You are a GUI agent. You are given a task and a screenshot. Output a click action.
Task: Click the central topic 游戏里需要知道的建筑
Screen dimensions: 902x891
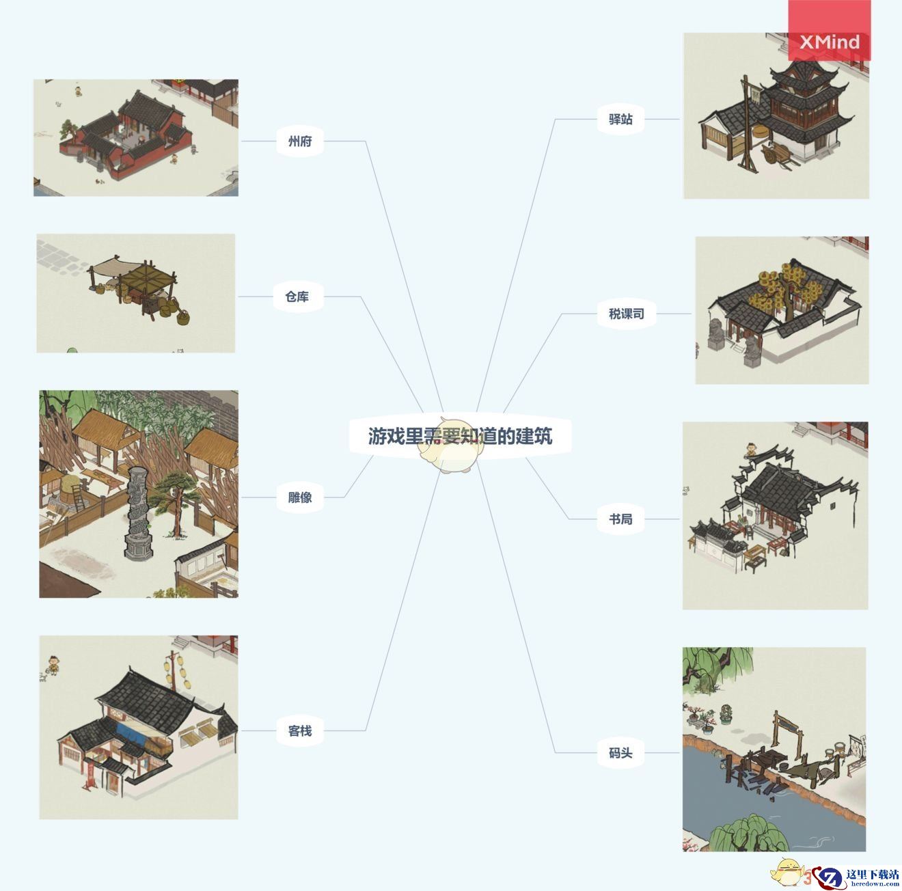460,436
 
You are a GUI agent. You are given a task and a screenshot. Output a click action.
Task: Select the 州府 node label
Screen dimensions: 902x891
300,141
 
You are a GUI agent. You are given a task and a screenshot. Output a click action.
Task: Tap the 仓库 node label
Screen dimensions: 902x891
297,297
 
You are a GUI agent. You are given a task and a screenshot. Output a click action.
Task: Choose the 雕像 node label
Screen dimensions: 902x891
300,497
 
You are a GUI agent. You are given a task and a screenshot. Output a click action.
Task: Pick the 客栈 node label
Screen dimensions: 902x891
300,730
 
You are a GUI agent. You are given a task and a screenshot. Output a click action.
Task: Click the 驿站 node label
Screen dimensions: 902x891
620,119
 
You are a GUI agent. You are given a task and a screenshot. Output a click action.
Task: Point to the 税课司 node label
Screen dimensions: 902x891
627,313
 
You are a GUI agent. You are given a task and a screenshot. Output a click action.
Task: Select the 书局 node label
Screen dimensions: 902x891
620,519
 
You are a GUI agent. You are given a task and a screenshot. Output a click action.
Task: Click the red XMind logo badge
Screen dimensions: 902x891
830,31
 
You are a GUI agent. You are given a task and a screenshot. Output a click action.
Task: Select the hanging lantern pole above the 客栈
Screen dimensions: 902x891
176,670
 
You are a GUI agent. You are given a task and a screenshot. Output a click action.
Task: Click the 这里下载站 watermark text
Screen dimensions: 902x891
872,874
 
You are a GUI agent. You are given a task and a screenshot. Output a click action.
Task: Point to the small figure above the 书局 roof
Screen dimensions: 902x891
751,450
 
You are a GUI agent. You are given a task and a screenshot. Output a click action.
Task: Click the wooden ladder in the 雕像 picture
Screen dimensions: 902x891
79,498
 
